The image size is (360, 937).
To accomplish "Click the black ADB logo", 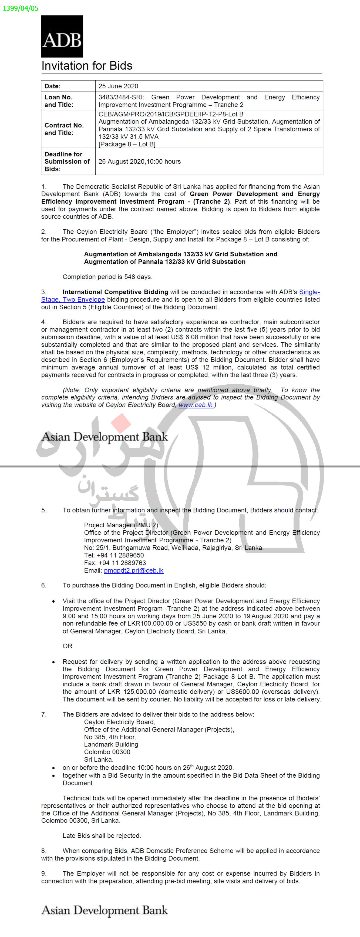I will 62,36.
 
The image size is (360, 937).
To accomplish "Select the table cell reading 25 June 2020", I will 118,86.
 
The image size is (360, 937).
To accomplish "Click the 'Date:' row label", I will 53,86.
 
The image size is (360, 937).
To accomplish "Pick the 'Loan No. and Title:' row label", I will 59,101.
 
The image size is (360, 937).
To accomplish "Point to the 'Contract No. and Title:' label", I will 64,129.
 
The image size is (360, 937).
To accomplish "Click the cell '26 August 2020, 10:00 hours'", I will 139,162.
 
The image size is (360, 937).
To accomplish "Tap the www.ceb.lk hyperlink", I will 196,405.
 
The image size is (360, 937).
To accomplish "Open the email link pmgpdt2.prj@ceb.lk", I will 133,570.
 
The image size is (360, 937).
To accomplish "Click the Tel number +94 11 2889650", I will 114,555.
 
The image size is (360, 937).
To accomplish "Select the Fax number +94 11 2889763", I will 115,563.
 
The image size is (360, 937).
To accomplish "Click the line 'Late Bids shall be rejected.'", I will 102,835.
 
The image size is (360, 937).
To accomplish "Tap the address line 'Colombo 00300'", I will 107,752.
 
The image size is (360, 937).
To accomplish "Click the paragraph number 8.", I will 44,851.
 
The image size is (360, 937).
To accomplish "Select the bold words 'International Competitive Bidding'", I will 115,292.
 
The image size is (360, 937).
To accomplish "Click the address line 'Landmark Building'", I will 111,744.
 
